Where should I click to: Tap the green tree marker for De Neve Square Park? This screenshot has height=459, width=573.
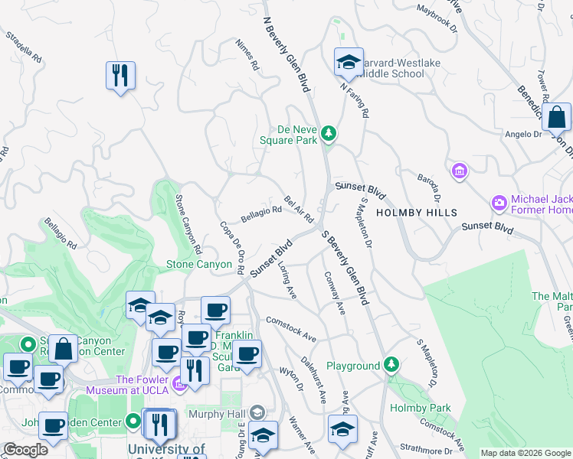(329, 134)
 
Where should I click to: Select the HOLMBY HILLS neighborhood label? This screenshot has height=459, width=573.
(417, 213)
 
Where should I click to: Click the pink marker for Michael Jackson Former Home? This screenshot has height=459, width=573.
(499, 203)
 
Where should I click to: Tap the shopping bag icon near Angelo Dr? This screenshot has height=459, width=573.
(557, 119)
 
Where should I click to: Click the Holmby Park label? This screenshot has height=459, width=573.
(420, 408)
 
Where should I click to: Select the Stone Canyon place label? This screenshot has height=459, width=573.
(199, 264)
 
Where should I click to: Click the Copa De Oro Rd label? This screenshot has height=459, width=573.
(231, 247)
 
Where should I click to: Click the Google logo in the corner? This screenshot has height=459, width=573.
(25, 450)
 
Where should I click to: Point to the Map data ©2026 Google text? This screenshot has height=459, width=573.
(525, 453)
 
